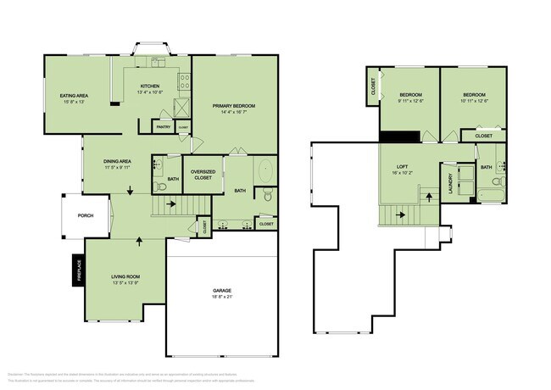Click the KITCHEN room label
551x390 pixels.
click(150, 86)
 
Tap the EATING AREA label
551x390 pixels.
click(75, 95)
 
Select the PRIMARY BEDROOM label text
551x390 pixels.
click(233, 105)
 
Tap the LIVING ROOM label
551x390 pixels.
click(125, 276)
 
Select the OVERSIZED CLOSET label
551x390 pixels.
click(203, 175)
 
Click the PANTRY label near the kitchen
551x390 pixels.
click(164, 127)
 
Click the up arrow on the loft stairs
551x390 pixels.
click(427, 196)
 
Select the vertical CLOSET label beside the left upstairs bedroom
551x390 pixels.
click(373, 86)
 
